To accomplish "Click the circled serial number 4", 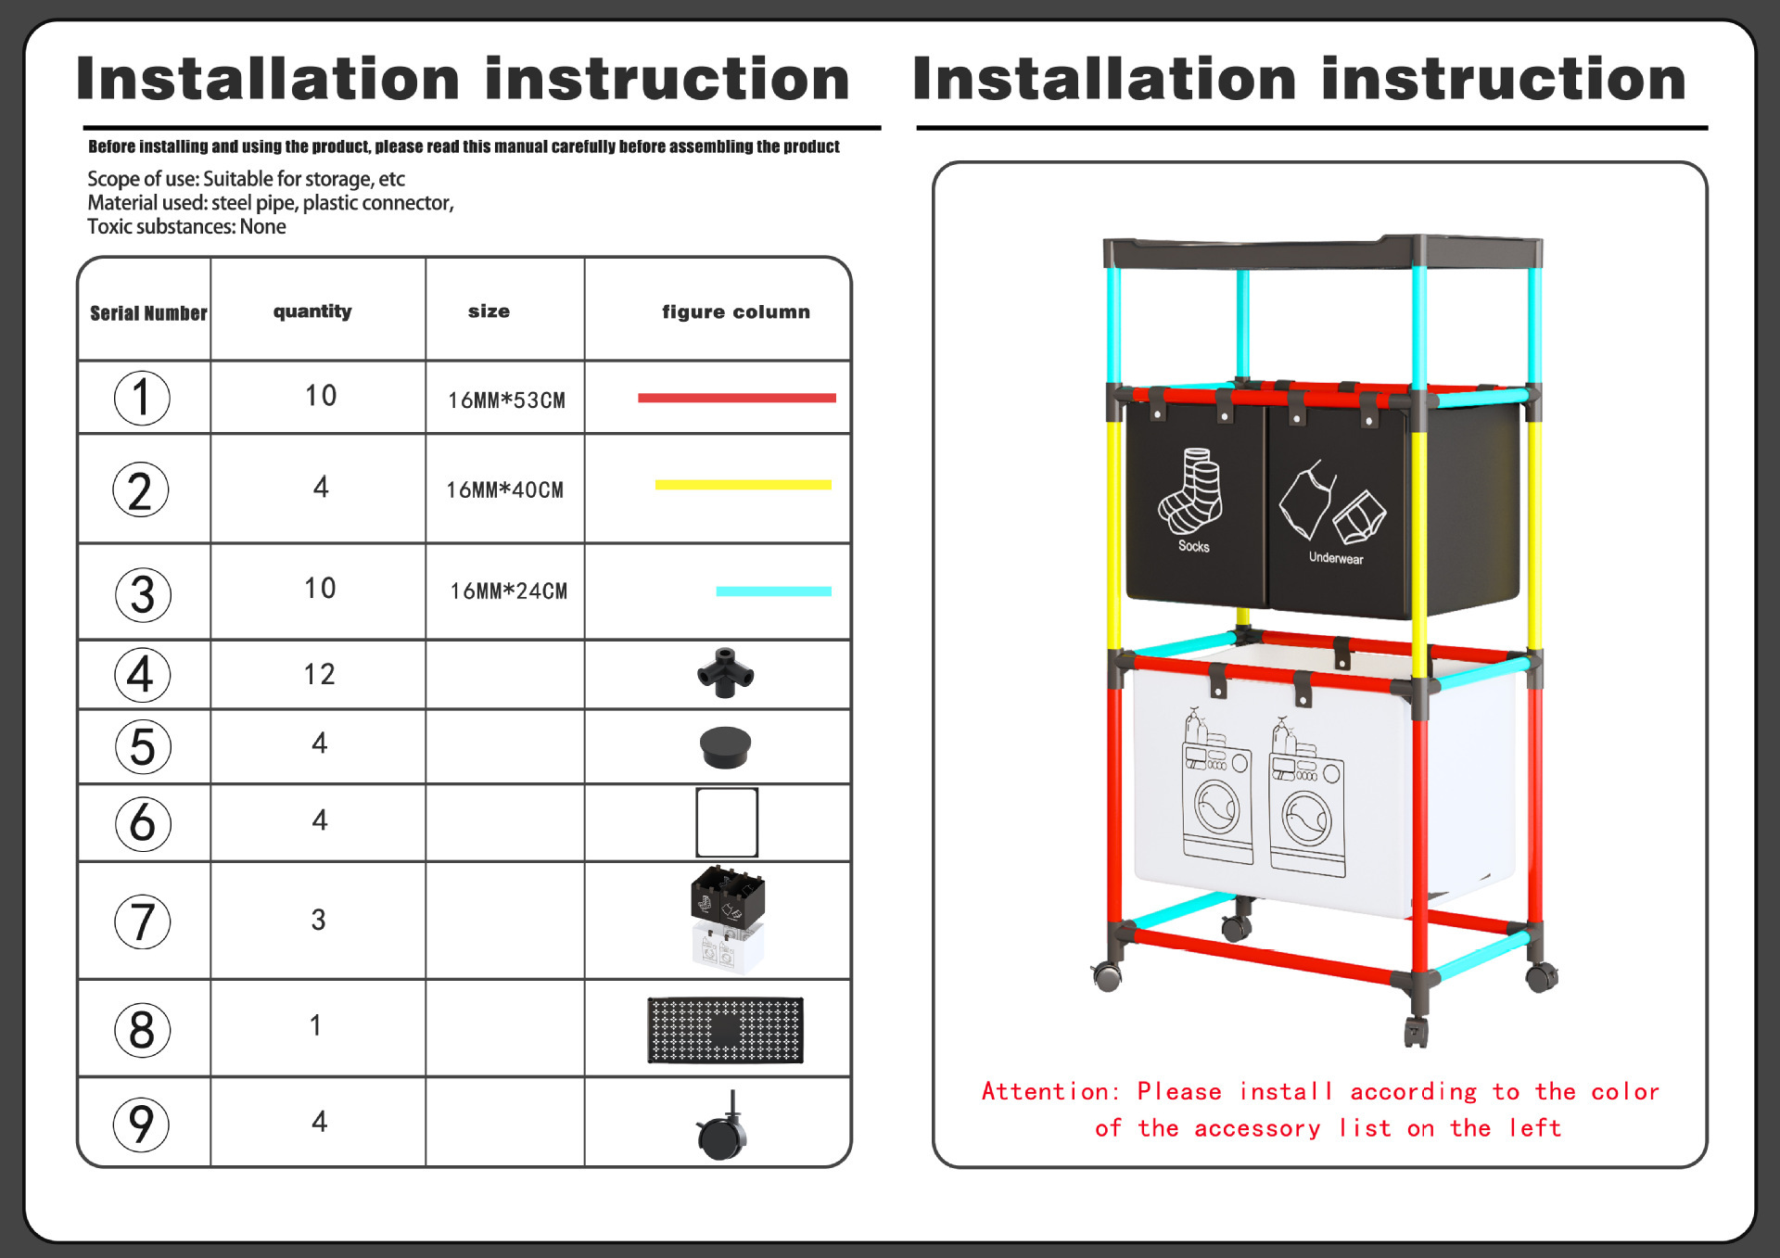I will click(142, 675).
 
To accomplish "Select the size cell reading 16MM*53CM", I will click(506, 400).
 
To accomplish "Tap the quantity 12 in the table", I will click(319, 674).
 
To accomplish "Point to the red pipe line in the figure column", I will click(736, 398).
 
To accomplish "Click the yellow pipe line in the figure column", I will click(743, 485).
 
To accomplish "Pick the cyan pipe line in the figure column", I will click(773, 591).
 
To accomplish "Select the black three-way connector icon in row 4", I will click(725, 673).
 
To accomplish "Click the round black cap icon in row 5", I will click(725, 747).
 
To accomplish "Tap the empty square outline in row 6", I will click(727, 822).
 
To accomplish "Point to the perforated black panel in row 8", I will click(725, 1030).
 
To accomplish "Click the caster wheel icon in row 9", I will click(722, 1128).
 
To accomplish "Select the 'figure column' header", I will click(735, 312).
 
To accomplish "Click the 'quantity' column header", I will click(312, 311).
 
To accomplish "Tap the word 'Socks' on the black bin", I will click(1193, 546).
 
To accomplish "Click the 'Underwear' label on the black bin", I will click(1336, 558).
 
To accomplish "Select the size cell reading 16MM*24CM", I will click(508, 591).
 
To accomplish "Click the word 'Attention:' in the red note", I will click(1050, 1092).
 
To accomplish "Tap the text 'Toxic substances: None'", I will click(186, 227).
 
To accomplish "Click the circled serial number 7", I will click(142, 921).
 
